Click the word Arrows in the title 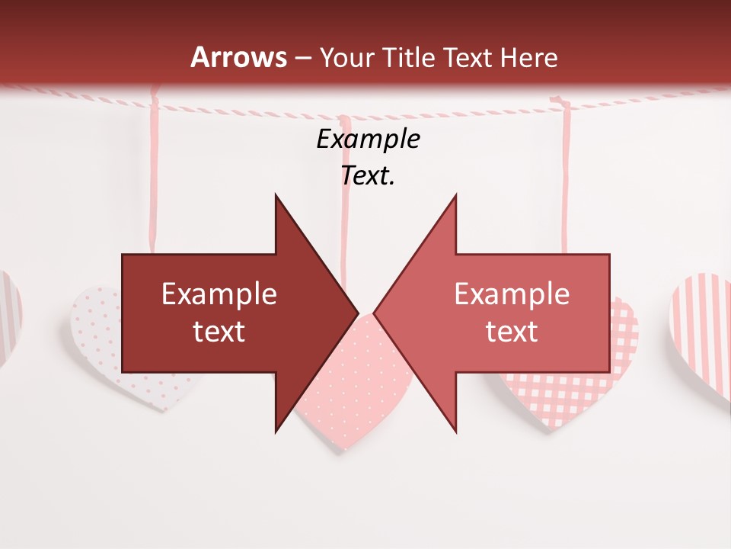pos(239,57)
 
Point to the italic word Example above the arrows pos(368,139)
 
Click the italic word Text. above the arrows pos(368,175)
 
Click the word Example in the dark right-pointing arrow pos(219,294)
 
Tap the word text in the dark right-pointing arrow pos(219,331)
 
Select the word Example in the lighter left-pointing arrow pos(512,294)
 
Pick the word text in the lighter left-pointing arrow pos(512,331)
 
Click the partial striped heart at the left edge pos(9,313)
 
